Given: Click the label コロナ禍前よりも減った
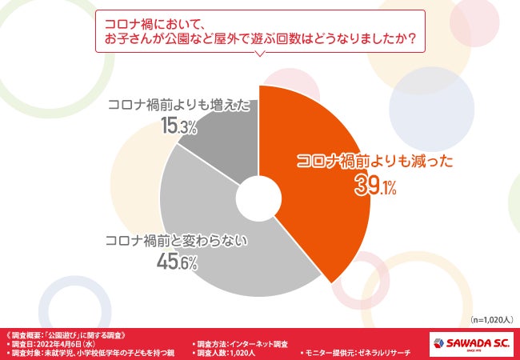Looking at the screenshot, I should tap(374, 161).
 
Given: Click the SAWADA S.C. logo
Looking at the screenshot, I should tap(471, 342).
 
